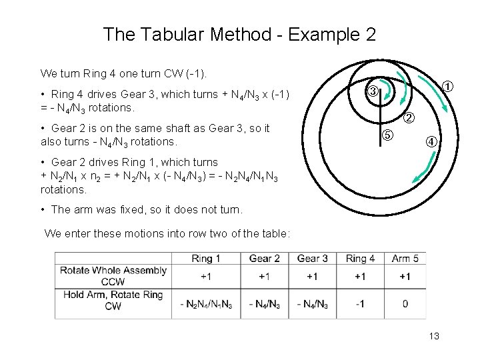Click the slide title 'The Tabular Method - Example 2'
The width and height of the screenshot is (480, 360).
coord(239,34)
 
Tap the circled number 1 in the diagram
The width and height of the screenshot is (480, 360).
coord(449,86)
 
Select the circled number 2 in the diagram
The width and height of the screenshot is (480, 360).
coord(409,119)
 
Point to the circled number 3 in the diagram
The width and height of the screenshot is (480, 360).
coord(374,91)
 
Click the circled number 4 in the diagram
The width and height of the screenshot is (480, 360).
coord(432,141)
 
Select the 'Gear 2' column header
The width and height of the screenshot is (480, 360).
coord(264,259)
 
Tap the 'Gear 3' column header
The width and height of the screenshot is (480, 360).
coord(312,259)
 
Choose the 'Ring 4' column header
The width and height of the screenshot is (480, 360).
coord(360,259)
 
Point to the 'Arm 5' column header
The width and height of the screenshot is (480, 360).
coord(405,259)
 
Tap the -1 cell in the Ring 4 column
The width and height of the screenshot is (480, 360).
coord(360,304)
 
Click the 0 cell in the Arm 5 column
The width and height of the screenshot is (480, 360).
coord(405,304)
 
